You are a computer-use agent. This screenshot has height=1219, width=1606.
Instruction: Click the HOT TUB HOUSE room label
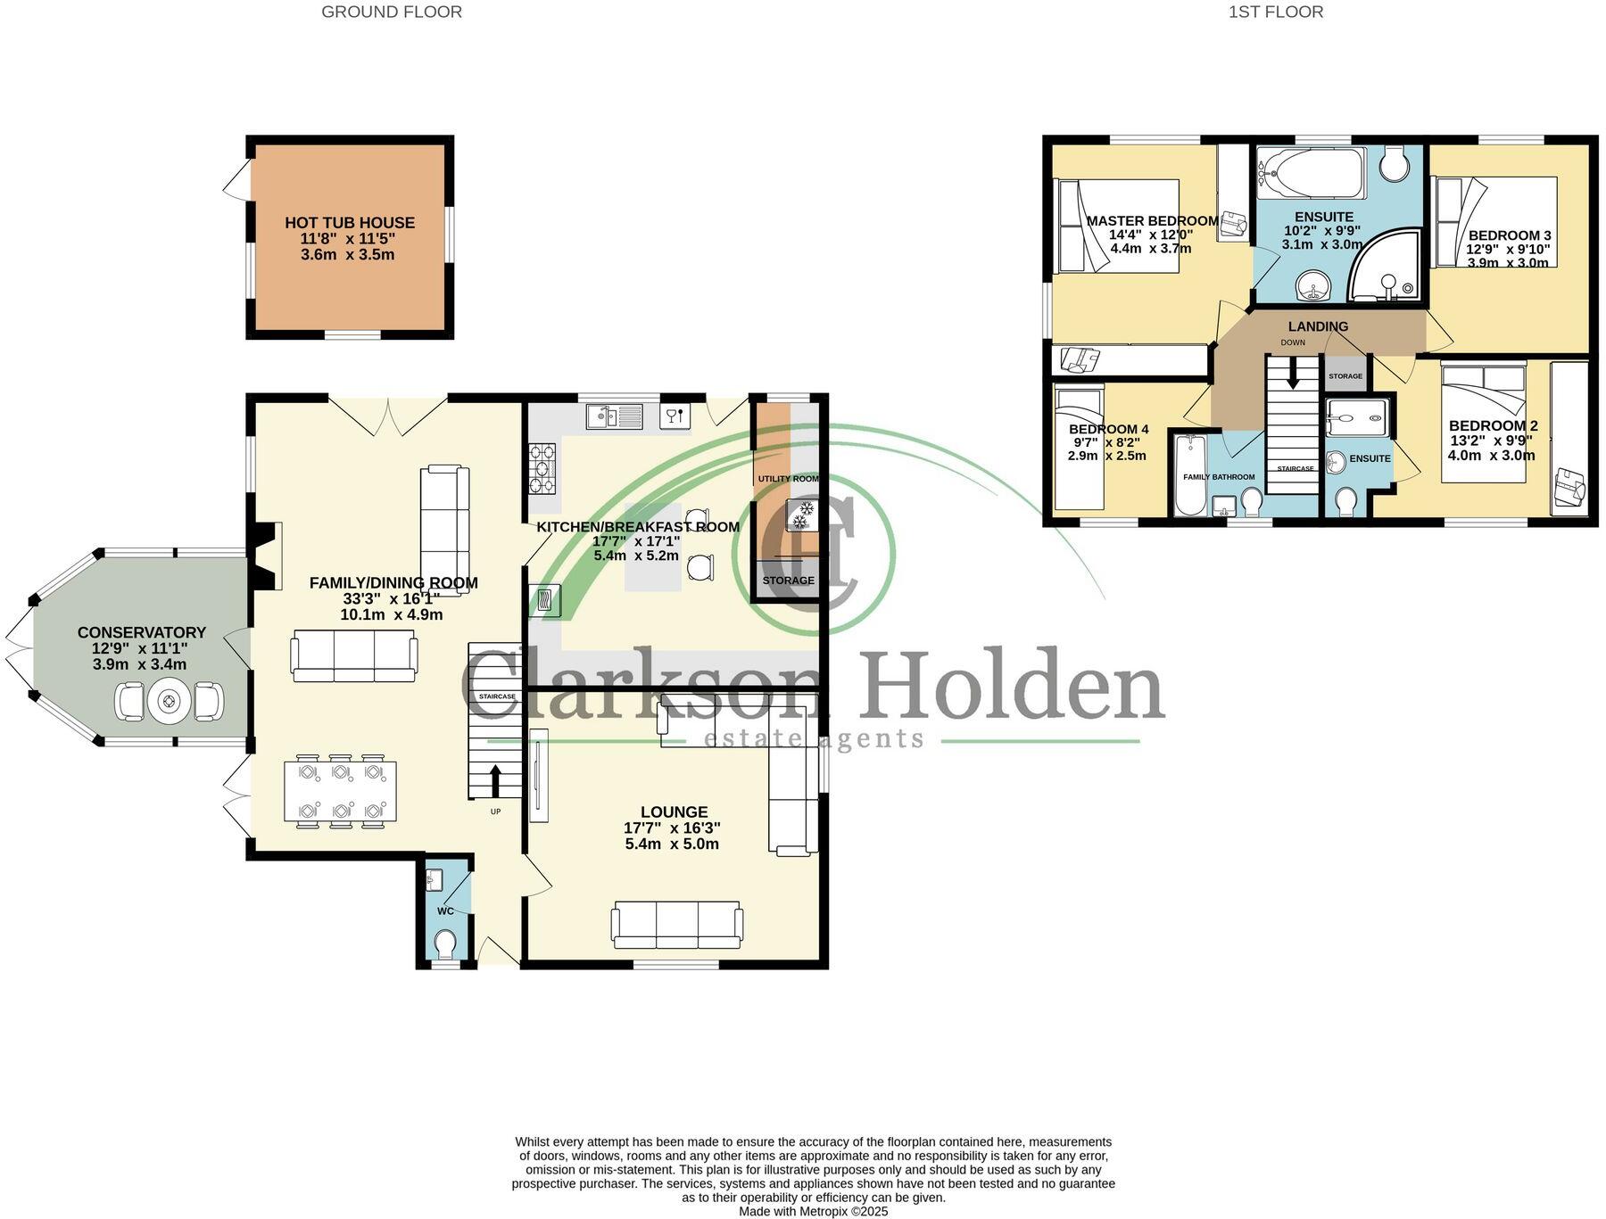coord(350,223)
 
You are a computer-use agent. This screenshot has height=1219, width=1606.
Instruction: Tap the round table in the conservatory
coord(169,702)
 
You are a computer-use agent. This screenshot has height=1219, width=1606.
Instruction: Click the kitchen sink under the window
coord(615,416)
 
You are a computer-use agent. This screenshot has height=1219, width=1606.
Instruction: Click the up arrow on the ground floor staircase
coord(495,781)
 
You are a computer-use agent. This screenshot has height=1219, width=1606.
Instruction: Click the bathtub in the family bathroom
coord(1189,474)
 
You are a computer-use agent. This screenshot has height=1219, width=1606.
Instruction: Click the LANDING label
coord(1318,326)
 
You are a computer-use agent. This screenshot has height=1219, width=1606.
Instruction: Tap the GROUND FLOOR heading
coord(392,12)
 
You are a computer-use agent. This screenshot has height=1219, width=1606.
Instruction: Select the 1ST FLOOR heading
coord(1276,12)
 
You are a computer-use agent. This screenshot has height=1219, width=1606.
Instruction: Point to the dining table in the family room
coord(340,790)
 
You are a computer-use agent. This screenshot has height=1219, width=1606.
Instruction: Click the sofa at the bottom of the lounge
coord(676,925)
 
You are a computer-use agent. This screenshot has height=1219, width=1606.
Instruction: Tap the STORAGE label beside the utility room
coord(788,581)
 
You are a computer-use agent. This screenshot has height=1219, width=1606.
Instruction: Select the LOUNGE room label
coord(674,811)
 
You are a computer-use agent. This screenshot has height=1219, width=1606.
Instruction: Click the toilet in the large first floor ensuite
coord(1393,162)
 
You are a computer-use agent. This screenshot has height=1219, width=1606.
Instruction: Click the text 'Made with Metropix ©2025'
coord(813,1212)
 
